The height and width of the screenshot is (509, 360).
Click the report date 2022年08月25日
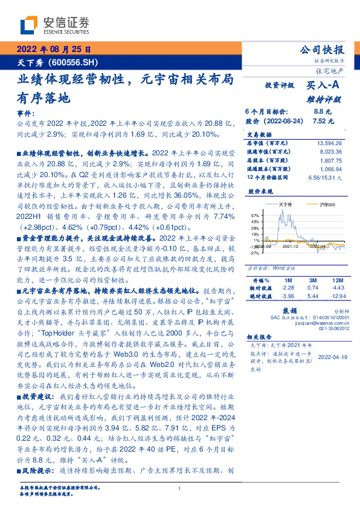[53, 50]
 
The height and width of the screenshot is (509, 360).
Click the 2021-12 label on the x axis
[292, 246]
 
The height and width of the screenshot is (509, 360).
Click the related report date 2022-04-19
[332, 357]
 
